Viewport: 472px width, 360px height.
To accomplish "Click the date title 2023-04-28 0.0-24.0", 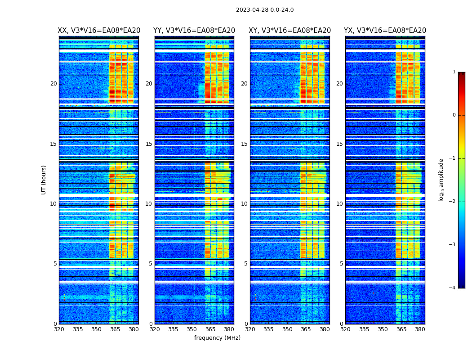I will point(265,10).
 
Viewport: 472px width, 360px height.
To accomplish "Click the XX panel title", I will point(99,31).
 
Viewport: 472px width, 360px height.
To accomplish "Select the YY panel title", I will point(194,31).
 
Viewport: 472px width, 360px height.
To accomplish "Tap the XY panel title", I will point(290,31).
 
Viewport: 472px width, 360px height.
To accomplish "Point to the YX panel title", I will point(385,31).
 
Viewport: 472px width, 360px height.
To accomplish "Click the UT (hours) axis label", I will point(44,180).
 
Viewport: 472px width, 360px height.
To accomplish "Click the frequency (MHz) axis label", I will point(217,338).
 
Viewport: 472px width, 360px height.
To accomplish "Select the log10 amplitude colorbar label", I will point(441,180).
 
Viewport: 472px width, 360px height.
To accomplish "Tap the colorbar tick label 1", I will point(454,72).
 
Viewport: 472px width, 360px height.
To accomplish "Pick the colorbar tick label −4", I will point(453,288).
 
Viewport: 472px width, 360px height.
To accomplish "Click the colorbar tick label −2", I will point(453,202).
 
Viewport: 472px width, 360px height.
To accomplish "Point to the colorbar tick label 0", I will point(454,115).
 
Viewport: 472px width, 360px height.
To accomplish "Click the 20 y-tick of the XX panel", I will point(53,84).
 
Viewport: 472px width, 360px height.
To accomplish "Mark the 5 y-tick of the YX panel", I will point(342,264).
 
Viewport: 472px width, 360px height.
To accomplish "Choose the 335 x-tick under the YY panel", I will point(173,329).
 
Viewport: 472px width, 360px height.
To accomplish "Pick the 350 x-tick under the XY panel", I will point(287,329).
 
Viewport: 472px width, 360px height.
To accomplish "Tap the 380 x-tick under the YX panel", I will point(420,329).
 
